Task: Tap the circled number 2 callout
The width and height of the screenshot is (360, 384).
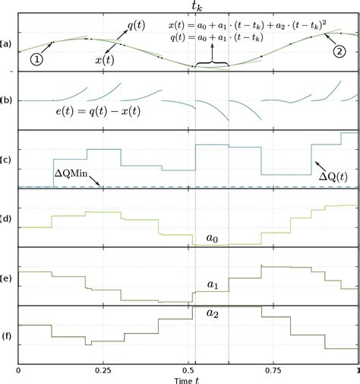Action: coord(339,53)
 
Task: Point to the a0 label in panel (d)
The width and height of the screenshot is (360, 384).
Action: coord(213,239)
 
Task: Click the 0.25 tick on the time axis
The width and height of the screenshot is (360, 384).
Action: coord(103,369)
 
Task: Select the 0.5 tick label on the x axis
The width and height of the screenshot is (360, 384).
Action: coord(188,369)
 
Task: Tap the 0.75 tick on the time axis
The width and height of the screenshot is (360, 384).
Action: coord(273,369)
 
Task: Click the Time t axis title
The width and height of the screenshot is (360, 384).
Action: coord(188,378)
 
